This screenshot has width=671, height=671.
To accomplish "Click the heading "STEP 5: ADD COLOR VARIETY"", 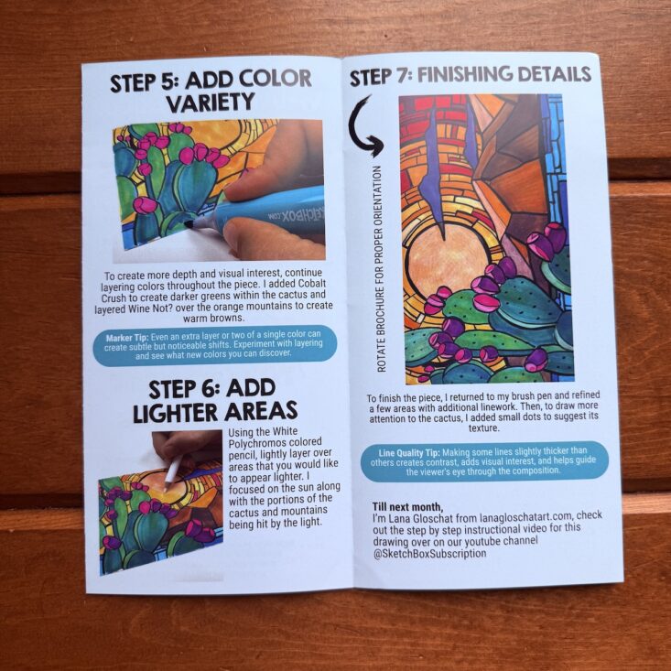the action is tap(211, 92).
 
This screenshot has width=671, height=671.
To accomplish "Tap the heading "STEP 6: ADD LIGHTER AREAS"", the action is tap(215, 401).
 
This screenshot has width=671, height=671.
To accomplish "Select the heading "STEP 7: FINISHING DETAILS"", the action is tap(471, 75).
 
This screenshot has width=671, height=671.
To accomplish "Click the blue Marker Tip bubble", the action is tap(215, 345).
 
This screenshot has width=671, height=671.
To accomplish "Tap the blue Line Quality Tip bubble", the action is tap(484, 461).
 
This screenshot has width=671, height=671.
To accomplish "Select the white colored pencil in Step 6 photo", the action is tap(173, 473).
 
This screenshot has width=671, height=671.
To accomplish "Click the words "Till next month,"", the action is tap(407, 506).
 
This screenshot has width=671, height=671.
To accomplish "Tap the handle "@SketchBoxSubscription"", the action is tap(429, 553).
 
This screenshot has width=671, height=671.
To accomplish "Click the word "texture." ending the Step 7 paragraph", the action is tap(483, 427).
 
